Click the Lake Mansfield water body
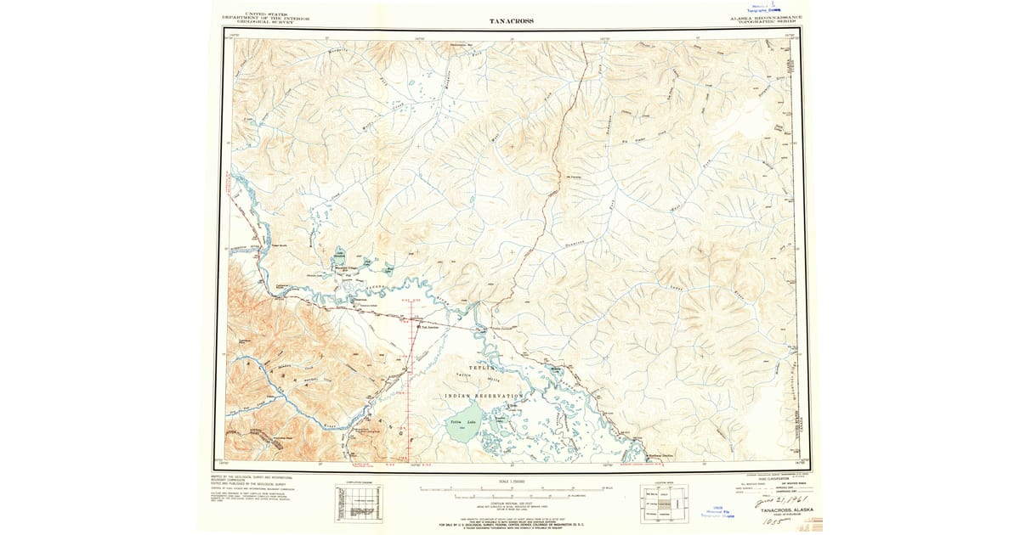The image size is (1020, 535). (341, 257)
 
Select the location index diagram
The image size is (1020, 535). (664, 502)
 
